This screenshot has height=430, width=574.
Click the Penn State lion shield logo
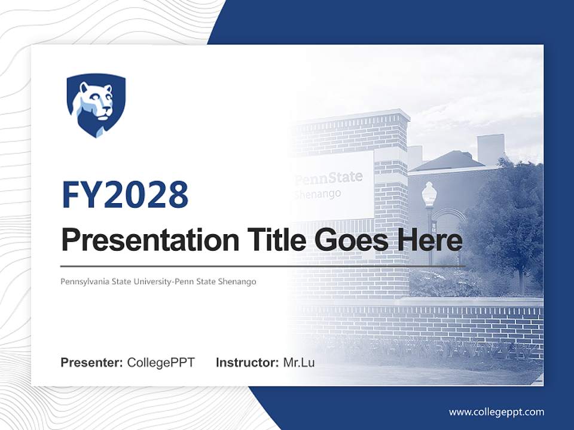click(x=96, y=105)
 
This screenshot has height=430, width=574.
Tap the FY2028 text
click(x=125, y=195)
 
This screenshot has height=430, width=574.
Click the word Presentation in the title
click(x=141, y=241)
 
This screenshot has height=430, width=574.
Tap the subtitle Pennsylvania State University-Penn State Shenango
click(x=158, y=281)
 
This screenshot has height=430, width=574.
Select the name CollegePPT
click(x=161, y=363)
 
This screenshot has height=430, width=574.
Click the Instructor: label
click(x=247, y=363)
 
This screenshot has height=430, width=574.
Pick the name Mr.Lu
click(x=299, y=363)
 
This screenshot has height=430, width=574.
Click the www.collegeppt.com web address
click(x=496, y=412)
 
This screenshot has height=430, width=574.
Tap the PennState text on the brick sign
click(x=329, y=177)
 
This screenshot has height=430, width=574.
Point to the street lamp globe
click(x=429, y=193)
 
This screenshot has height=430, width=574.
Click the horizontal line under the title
click(x=263, y=266)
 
